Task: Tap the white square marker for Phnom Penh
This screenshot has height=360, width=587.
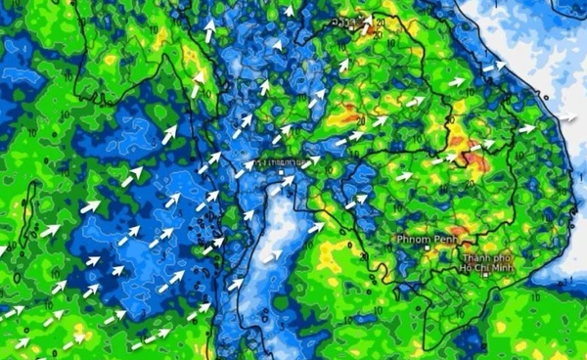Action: (x=426, y=248)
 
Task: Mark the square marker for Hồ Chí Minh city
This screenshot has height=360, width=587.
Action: (x=485, y=276)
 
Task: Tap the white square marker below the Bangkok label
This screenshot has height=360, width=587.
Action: (x=281, y=171)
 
